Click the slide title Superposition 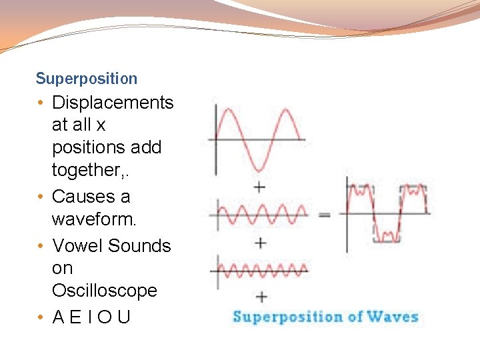pyautogui.click(x=87, y=79)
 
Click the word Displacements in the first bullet pyautogui.click(x=113, y=103)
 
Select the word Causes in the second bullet pyautogui.click(x=81, y=197)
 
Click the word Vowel pyautogui.click(x=77, y=246)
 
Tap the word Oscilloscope pyautogui.click(x=105, y=291)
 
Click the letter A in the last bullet pyautogui.click(x=58, y=317)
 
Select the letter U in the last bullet pyautogui.click(x=124, y=317)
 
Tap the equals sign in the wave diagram pyautogui.click(x=325, y=215)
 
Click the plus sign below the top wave pyautogui.click(x=260, y=187)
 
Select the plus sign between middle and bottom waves pyautogui.click(x=260, y=243)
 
